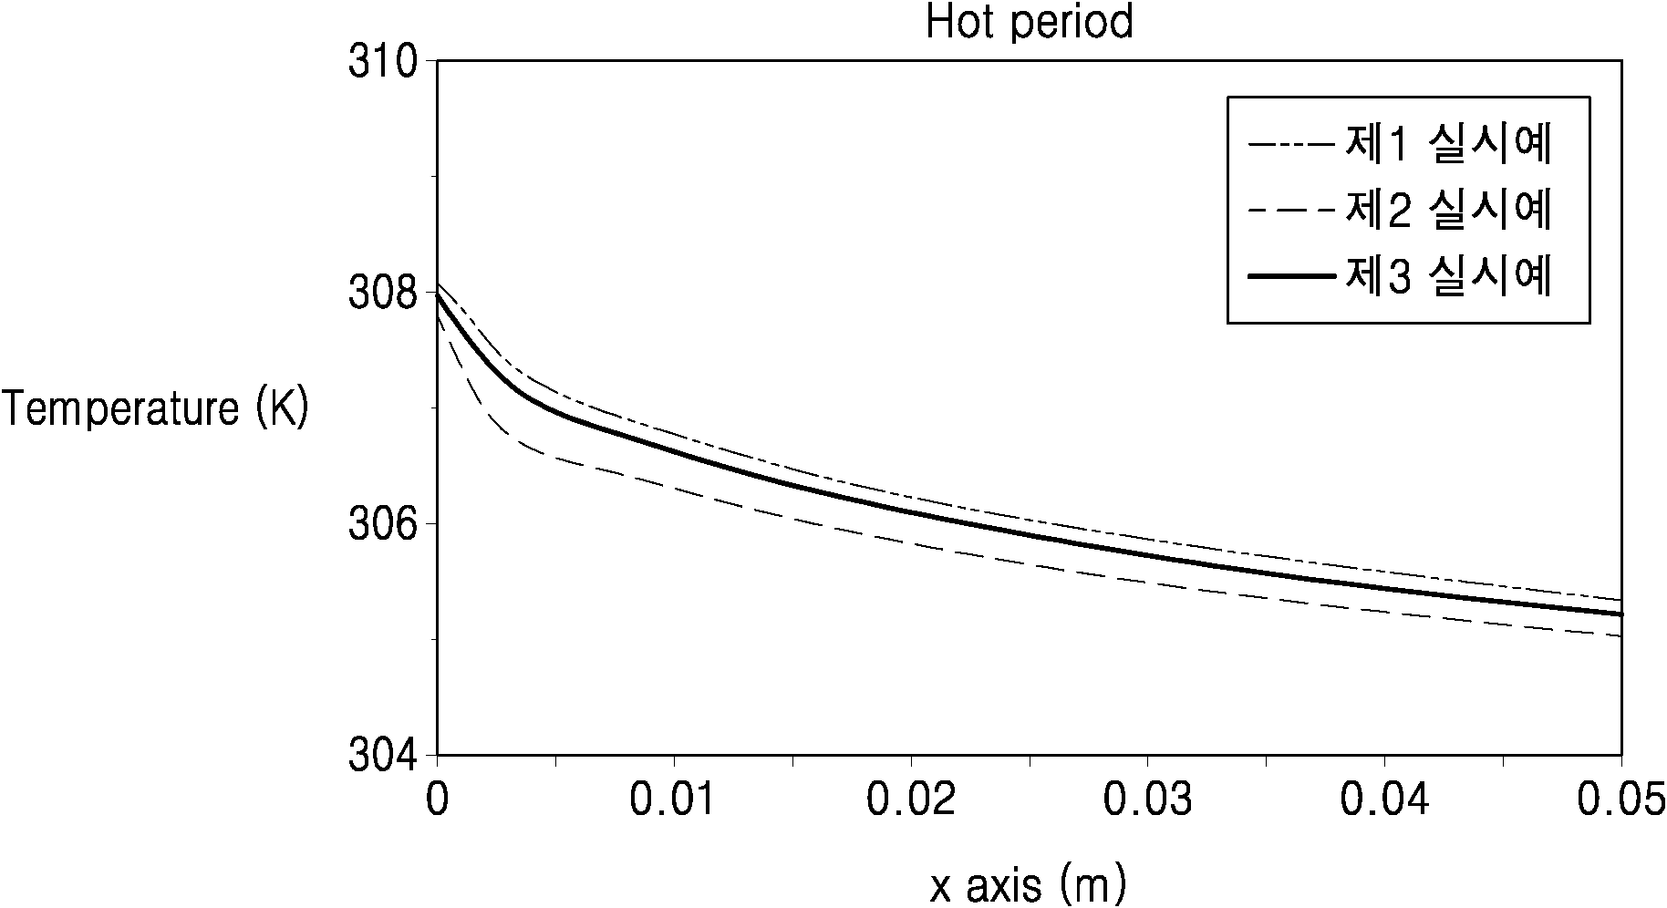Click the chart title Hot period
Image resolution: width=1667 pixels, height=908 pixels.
point(1030,22)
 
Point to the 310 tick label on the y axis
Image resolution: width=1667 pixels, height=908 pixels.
point(383,61)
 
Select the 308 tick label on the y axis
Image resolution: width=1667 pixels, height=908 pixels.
point(383,293)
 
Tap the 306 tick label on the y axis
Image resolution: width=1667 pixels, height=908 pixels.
point(383,524)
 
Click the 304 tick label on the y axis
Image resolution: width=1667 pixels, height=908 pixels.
point(383,756)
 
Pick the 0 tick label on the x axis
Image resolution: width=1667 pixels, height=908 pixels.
point(438,800)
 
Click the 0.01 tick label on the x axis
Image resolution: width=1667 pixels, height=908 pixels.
point(674,800)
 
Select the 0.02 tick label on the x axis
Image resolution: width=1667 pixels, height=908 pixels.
point(911,800)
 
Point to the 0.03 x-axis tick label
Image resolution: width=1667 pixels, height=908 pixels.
point(1148,800)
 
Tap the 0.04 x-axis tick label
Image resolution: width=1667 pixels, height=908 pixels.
point(1385,800)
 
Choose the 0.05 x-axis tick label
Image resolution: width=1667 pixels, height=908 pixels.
point(1620,800)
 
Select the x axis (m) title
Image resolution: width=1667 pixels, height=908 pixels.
point(1028,884)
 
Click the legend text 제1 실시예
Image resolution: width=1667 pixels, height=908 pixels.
point(1448,144)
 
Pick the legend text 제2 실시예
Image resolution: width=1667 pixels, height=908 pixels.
point(1448,211)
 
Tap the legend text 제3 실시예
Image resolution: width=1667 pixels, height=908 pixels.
point(1448,277)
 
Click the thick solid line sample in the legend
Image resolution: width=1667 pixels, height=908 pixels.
point(1291,277)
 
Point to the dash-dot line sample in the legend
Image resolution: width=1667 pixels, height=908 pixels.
point(1291,144)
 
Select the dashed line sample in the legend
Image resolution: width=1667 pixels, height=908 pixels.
point(1291,211)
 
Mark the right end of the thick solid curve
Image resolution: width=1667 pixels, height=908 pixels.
point(1621,614)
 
